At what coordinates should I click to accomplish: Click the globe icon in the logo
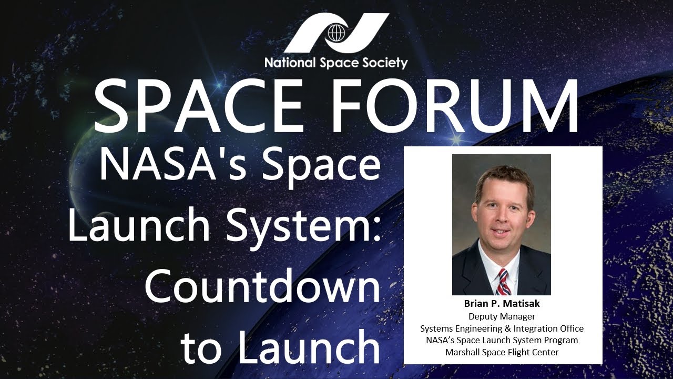point(335,33)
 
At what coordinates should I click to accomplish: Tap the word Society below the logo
point(386,63)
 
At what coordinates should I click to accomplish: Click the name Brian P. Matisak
point(502,304)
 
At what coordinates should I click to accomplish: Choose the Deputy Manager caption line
point(502,316)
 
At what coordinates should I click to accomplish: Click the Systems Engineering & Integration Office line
point(502,328)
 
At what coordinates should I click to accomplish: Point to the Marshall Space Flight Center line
point(502,352)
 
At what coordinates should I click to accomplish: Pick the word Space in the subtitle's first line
point(326,164)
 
